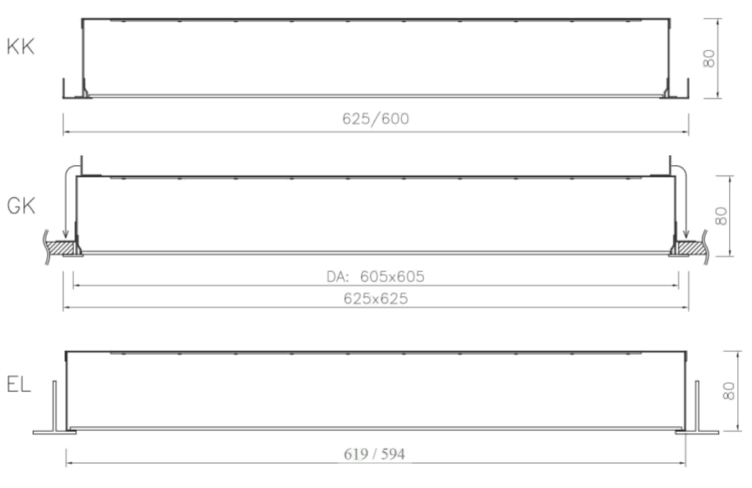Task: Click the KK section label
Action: click(x=20, y=47)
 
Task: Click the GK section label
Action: click(x=21, y=206)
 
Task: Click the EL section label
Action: click(x=19, y=384)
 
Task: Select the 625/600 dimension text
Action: click(x=375, y=118)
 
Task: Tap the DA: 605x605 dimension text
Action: click(x=375, y=277)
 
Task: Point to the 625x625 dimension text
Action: click(x=375, y=298)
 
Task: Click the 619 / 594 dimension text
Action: click(x=374, y=454)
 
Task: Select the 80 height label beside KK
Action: click(x=709, y=59)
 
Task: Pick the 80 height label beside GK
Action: click(x=721, y=215)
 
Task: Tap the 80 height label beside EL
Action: click(x=728, y=391)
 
